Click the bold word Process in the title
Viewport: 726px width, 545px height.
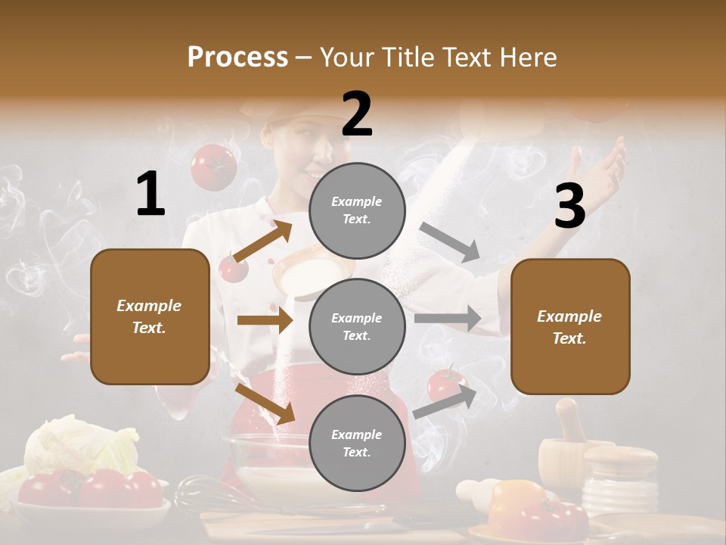237,58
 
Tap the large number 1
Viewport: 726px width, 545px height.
150,194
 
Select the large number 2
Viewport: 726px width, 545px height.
357,114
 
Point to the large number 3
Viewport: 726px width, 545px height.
569,206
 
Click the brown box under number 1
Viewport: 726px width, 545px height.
150,316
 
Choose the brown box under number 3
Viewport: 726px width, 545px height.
570,327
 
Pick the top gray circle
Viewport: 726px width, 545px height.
357,210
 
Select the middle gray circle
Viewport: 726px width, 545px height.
357,326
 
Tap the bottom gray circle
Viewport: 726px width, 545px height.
357,443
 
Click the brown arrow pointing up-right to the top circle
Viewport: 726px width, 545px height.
263,241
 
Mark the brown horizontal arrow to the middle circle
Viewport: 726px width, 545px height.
265,320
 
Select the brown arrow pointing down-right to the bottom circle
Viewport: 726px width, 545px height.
265,403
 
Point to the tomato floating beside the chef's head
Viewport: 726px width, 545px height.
213,167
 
